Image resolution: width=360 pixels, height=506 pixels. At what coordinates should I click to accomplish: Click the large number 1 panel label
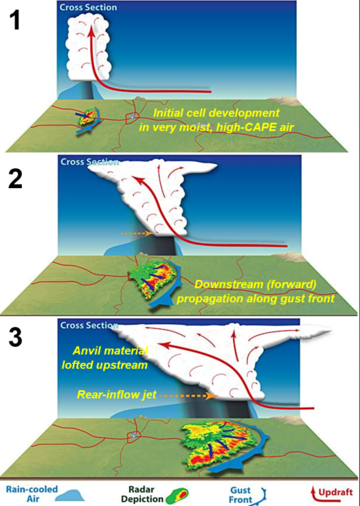(14, 19)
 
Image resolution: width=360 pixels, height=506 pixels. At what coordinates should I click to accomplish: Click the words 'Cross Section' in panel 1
(88, 7)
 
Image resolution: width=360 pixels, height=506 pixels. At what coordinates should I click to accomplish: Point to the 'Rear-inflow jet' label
(117, 394)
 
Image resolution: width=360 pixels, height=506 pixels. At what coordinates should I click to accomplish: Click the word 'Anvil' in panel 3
(85, 350)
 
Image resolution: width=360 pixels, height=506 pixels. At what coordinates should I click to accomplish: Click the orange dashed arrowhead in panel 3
(212, 395)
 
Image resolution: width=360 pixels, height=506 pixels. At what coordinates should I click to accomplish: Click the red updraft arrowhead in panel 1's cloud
(91, 31)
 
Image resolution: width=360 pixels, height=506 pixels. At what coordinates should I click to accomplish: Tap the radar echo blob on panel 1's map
(87, 118)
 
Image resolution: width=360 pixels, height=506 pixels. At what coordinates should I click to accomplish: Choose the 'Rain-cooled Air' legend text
(32, 494)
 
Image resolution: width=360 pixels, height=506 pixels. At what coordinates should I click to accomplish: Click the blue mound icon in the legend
(71, 496)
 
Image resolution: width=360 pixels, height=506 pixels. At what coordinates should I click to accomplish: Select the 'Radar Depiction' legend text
(142, 494)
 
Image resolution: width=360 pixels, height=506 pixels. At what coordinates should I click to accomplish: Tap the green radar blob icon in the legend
(177, 496)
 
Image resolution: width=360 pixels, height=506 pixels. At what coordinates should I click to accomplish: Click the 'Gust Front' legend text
(240, 495)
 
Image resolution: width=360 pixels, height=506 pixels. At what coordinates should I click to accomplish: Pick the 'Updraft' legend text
(335, 492)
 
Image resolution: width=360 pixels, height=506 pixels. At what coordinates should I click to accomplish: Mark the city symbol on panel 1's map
(133, 117)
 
